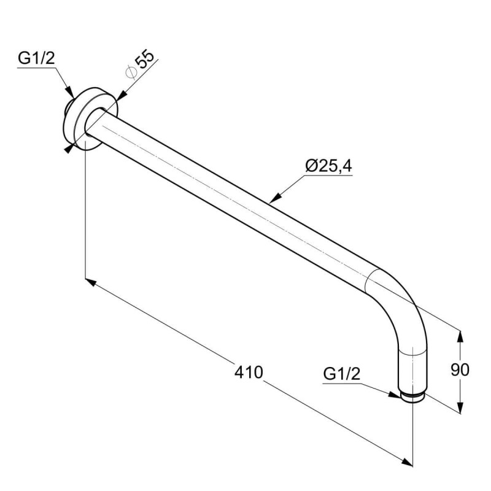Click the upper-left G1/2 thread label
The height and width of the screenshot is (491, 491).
[x=36, y=58]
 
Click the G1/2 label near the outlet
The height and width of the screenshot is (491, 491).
[x=342, y=374]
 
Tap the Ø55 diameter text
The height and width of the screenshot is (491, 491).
[x=140, y=64]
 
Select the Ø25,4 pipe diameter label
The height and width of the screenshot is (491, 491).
[x=329, y=166]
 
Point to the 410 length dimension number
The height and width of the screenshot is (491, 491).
[x=249, y=373]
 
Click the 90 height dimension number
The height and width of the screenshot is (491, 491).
[x=460, y=370]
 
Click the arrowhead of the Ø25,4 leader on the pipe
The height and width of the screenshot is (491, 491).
[x=274, y=198]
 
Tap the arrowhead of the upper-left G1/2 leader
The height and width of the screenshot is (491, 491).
[x=70, y=93]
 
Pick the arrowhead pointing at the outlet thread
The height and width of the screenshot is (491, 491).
[x=395, y=395]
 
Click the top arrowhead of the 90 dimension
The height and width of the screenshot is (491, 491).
[x=460, y=336]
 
